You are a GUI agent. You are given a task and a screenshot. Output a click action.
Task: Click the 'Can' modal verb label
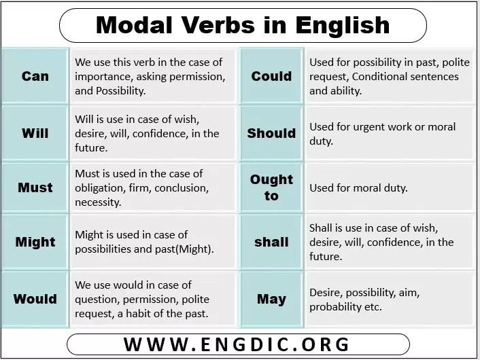click(35, 76)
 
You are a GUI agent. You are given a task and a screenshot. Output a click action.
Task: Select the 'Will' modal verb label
click(35, 133)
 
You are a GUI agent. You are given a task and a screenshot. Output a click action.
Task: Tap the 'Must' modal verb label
click(35, 187)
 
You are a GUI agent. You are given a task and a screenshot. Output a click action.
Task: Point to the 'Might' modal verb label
click(35, 242)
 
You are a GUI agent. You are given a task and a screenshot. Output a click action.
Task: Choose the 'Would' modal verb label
click(35, 299)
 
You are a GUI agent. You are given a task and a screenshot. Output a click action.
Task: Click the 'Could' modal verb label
click(271, 76)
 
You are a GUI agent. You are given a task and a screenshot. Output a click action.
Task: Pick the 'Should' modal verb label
click(271, 133)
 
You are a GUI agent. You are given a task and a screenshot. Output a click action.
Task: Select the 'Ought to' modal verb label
click(271, 187)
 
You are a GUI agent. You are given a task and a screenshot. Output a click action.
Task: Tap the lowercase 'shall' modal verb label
click(271, 242)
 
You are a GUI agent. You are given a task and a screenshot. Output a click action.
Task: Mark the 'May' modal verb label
click(271, 300)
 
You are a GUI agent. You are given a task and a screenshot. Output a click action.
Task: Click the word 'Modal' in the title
click(134, 24)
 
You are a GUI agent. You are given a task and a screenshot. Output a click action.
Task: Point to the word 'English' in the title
click(343, 26)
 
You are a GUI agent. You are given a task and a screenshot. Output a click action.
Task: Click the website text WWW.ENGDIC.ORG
click(237, 344)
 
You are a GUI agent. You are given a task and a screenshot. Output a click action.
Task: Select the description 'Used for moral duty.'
click(358, 187)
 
